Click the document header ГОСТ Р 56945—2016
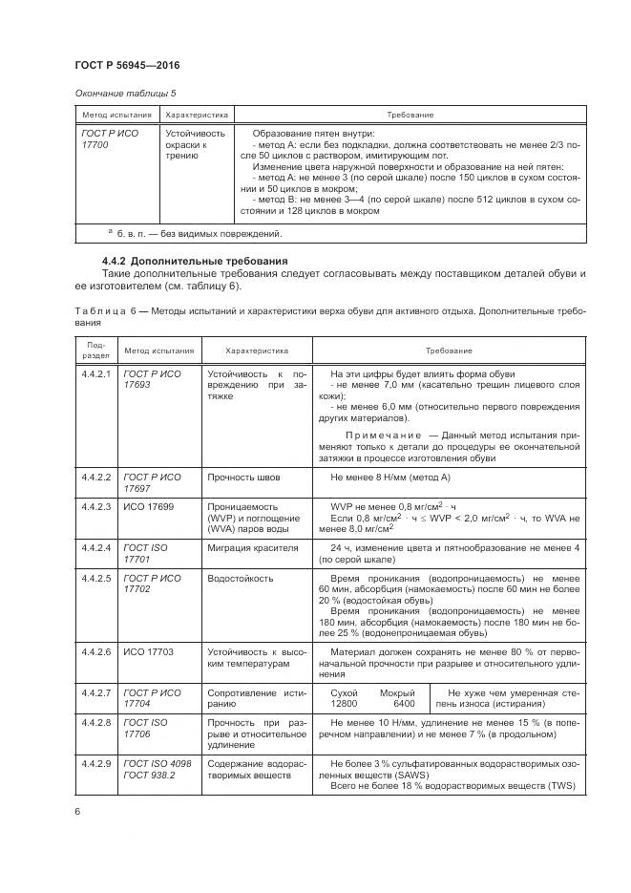click(126, 64)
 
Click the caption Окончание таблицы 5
click(124, 93)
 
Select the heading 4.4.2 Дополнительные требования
click(180, 262)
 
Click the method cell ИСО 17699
click(148, 505)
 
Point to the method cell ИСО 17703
click(149, 651)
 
